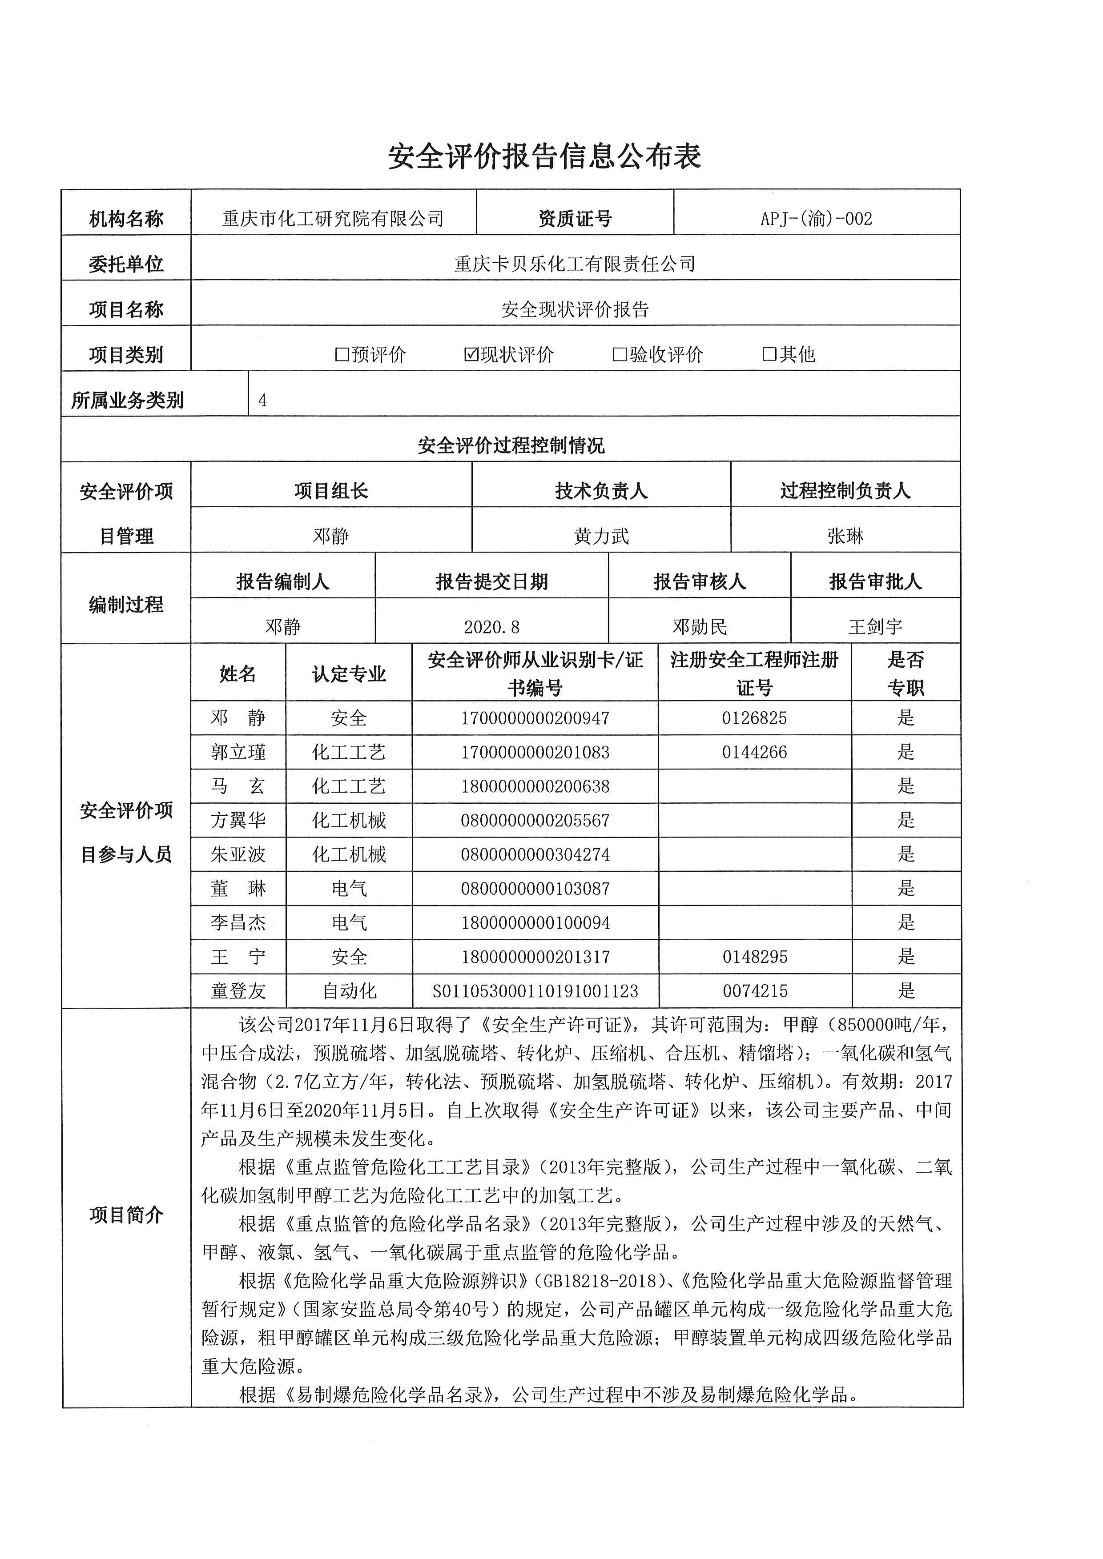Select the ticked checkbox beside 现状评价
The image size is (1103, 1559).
click(471, 354)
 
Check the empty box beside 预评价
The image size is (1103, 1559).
click(342, 354)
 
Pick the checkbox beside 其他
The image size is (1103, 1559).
click(769, 354)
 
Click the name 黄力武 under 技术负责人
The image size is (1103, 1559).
click(601, 537)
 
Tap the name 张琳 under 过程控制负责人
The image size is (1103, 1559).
click(845, 537)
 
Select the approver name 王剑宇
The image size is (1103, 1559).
click(875, 627)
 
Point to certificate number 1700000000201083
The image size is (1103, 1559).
click(535, 752)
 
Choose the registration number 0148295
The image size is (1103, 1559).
click(755, 957)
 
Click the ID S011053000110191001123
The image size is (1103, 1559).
click(535, 991)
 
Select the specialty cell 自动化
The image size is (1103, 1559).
click(349, 991)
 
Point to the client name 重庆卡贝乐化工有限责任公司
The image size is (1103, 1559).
click(575, 264)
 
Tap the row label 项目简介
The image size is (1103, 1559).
click(126, 1215)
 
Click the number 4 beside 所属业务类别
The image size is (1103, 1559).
click(263, 401)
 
